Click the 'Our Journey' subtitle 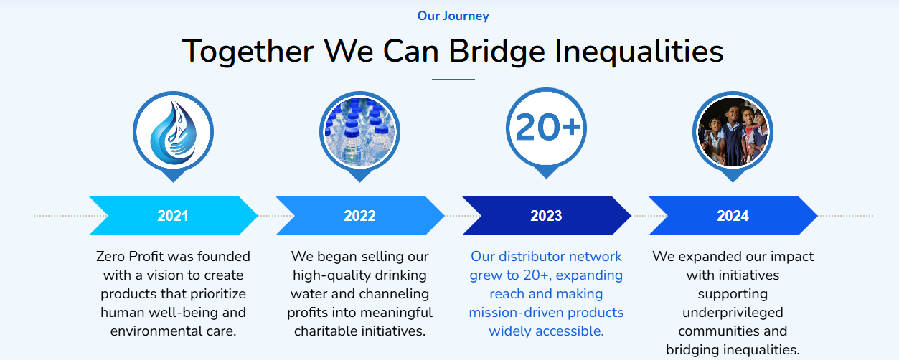pos(453,16)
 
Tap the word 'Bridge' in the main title pos(496,52)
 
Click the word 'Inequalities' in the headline pos(639,52)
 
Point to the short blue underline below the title pos(453,80)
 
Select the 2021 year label pos(173,216)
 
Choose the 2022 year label pos(359,216)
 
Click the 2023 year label pos(546,216)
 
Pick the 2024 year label pos(733,216)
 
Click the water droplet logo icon pos(174,132)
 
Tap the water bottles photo pos(359,132)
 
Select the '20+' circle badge pos(546,128)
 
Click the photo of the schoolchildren pos(733,132)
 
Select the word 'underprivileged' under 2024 pos(733,313)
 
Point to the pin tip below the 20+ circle pos(546,179)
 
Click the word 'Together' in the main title pos(248,52)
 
